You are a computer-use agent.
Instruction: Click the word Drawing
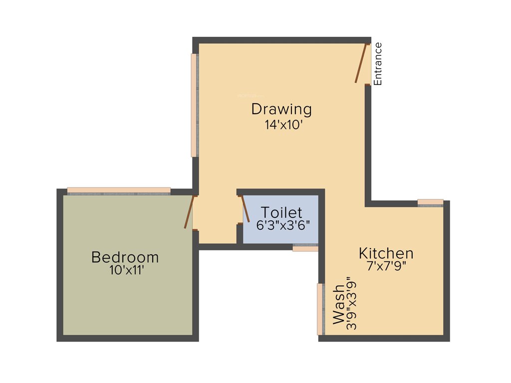tap(281, 109)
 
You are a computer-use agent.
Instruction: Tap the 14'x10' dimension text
tap(284, 125)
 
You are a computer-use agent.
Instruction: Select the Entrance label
tap(378, 64)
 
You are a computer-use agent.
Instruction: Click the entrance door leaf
tap(361, 63)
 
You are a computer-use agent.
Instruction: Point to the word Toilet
tap(281, 213)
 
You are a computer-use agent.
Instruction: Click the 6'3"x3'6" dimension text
tap(283, 225)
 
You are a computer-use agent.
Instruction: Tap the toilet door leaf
tap(245, 209)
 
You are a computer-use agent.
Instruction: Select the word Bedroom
tap(125, 257)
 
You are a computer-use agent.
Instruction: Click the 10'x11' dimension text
tap(126, 270)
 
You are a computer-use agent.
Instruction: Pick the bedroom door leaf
tap(189, 212)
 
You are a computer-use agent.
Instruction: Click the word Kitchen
tap(386, 253)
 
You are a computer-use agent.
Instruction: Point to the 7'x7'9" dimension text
tap(386, 266)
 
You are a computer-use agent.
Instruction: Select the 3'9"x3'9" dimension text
tap(352, 304)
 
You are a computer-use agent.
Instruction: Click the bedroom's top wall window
tap(119, 191)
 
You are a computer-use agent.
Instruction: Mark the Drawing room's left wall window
tap(194, 105)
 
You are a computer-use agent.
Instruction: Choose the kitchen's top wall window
tap(430, 202)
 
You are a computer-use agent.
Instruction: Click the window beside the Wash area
tap(320, 309)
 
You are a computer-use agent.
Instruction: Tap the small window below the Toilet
tap(305, 247)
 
